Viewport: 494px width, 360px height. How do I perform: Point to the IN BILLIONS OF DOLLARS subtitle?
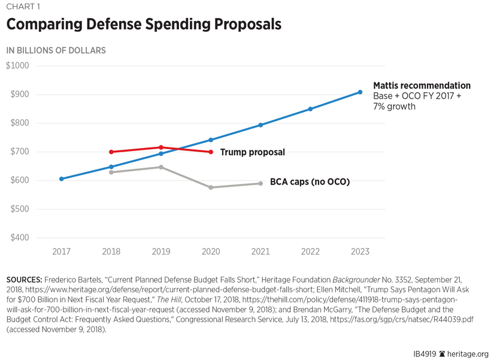[x=56, y=50]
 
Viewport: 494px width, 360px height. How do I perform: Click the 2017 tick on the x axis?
[x=61, y=252]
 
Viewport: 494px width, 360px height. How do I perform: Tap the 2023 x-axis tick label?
[x=360, y=252]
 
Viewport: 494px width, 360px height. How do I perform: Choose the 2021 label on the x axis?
[x=260, y=252]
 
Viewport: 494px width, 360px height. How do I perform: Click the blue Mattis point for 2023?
[x=360, y=92]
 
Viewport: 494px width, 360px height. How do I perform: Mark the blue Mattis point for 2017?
[x=61, y=179]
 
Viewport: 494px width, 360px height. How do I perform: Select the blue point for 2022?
[x=310, y=109]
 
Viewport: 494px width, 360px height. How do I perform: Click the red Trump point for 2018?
[x=111, y=152]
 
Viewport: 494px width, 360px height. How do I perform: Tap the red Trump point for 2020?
[x=211, y=152]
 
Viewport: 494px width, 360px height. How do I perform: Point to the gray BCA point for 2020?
[x=211, y=187]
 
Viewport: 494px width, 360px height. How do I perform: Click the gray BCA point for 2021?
[x=260, y=183]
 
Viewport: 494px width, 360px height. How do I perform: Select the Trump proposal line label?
[x=252, y=152]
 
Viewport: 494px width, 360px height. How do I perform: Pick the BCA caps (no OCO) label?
[x=310, y=181]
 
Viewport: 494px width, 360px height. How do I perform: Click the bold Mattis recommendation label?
[x=422, y=86]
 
